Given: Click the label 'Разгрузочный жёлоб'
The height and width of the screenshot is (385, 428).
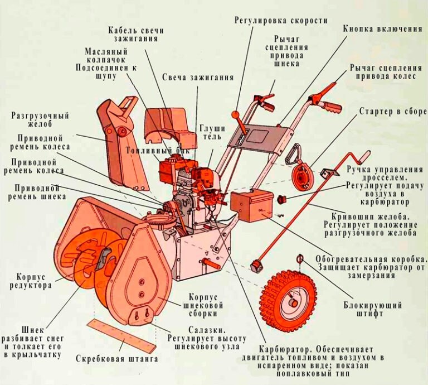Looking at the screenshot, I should [40, 120].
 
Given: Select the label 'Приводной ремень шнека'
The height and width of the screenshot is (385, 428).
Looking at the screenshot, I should [37, 192].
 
